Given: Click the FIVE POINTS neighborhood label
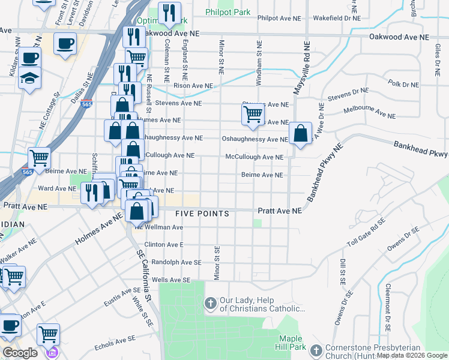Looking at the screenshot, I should (x=202, y=214).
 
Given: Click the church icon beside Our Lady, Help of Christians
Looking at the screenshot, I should (x=211, y=304).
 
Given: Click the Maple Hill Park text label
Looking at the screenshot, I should (x=294, y=342).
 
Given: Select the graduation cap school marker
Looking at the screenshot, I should (x=29, y=79).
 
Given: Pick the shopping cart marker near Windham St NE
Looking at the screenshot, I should (x=253, y=113).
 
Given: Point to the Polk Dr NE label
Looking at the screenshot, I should (x=403, y=84).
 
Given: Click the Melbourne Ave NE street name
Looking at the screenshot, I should (x=369, y=113).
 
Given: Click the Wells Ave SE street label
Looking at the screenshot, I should (x=171, y=280).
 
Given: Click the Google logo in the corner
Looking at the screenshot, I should (x=20, y=353).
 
